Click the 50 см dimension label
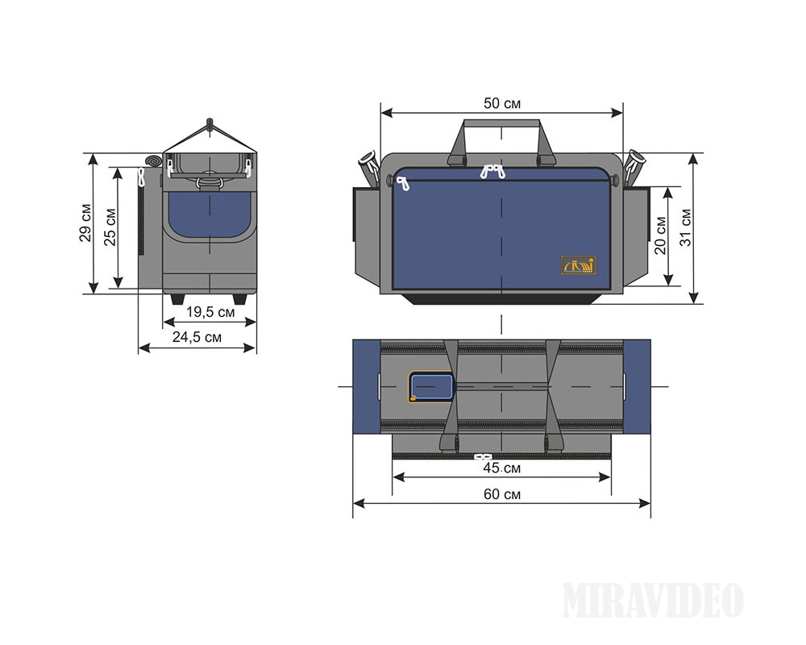[x=501, y=104]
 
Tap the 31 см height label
[x=686, y=227]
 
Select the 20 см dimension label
[x=660, y=236]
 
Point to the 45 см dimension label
[x=501, y=468]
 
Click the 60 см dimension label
[x=501, y=494]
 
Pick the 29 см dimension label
[x=85, y=223]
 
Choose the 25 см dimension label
[x=110, y=227]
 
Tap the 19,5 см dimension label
[x=210, y=312]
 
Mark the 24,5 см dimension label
[x=197, y=338]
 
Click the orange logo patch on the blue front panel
[x=578, y=265]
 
